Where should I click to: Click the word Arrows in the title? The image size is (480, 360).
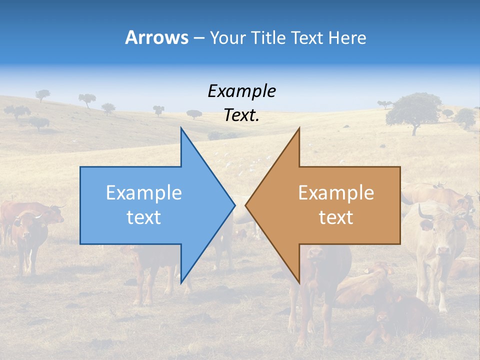[156, 37]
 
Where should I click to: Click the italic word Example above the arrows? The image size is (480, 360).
[241, 91]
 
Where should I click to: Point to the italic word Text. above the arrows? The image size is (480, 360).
[241, 115]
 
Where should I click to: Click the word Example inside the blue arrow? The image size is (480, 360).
[144, 192]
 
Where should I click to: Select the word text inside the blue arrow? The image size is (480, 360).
[144, 217]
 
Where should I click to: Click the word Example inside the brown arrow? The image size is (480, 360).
[336, 192]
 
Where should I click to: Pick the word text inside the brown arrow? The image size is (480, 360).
[336, 217]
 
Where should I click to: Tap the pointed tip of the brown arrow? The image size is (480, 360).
[246, 204]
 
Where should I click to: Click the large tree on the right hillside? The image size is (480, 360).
[413, 111]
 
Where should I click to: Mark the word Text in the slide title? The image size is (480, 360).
[307, 37]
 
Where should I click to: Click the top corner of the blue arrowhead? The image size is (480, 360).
[181, 128]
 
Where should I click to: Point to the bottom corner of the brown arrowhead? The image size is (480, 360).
[299, 282]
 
